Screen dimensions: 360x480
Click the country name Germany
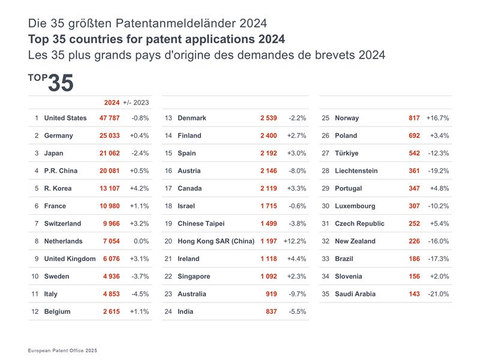click(58, 136)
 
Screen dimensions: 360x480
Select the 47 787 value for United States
click(109, 118)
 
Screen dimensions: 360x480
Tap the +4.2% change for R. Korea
click(139, 188)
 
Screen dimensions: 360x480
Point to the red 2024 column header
click(112, 103)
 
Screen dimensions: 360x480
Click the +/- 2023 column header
click(136, 103)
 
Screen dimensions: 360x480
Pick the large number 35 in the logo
click(60, 83)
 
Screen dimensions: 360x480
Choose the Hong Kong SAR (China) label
click(216, 241)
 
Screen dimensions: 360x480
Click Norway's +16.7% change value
click(437, 118)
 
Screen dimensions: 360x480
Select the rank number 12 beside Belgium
click(35, 311)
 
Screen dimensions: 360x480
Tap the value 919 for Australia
click(271, 294)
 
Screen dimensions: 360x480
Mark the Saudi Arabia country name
click(355, 294)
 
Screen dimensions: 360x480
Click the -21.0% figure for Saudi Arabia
click(438, 294)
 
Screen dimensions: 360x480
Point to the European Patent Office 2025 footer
click(62, 350)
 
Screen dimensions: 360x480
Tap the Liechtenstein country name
click(356, 171)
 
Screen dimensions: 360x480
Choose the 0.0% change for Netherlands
click(142, 241)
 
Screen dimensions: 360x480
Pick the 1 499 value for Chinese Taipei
click(268, 224)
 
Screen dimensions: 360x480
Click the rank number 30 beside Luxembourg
click(326, 206)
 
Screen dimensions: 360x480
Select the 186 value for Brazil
click(414, 259)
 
